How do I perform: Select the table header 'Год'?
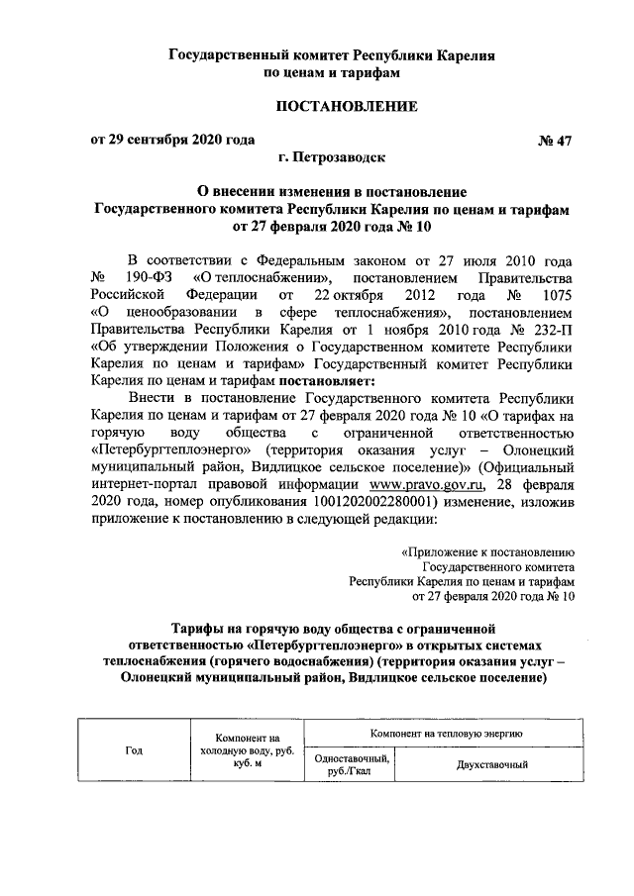(135, 749)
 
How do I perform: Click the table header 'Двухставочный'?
(491, 764)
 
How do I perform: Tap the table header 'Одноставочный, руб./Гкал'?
(349, 764)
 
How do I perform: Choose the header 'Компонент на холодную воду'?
(242, 749)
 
